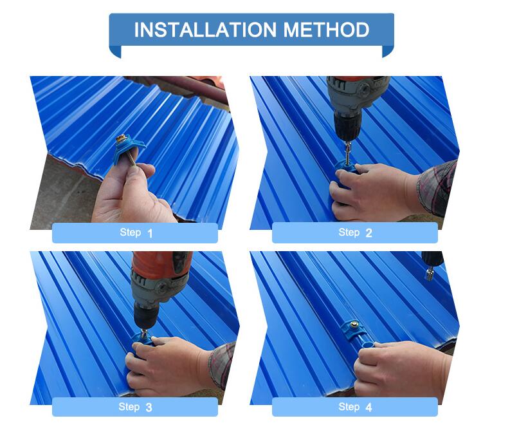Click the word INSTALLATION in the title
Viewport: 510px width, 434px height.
coord(205,30)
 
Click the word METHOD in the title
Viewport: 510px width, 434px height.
coord(326,30)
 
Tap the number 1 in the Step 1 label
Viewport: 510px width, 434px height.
coord(150,233)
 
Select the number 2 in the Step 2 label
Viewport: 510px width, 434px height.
coord(369,233)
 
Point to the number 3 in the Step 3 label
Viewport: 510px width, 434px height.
coord(149,408)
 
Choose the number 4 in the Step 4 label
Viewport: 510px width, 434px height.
coord(369,408)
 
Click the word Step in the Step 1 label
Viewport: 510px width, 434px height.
coord(130,232)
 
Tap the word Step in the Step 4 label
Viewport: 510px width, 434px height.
coord(349,407)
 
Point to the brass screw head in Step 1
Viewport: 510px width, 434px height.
coord(122,137)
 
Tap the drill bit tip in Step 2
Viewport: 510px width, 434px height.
coord(348,161)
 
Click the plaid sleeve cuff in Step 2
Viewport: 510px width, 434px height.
coord(437,187)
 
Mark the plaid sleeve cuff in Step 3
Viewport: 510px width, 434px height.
coord(222,364)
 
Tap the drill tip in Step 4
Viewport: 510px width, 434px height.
coord(429,274)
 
